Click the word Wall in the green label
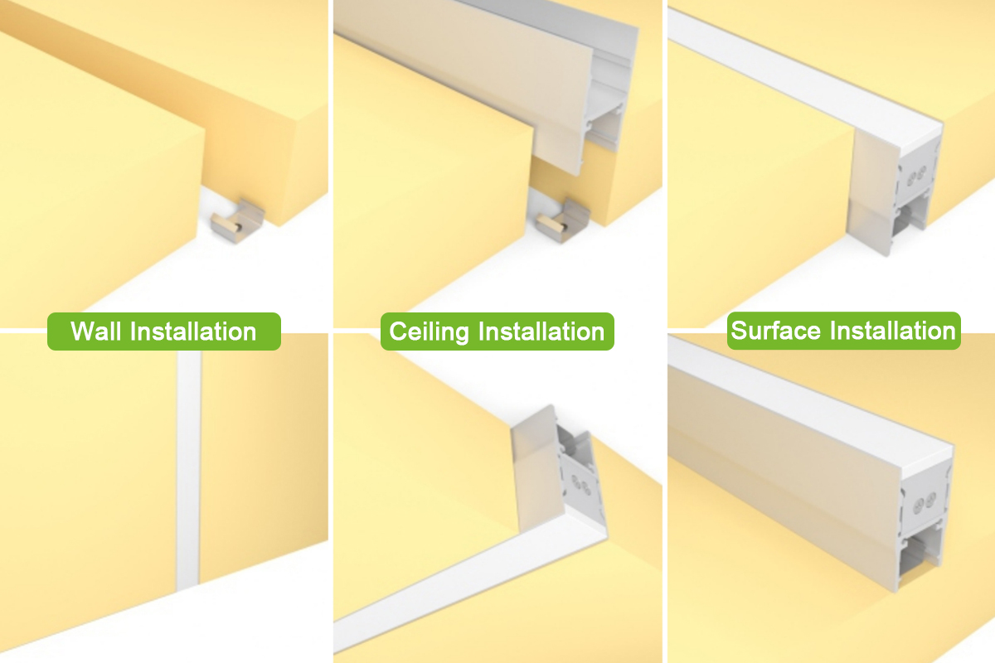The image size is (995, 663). point(97,331)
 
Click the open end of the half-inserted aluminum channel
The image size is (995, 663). point(609,108)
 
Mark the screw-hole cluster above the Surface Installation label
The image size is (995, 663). point(917,176)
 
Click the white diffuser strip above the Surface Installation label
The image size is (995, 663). point(796,75)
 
